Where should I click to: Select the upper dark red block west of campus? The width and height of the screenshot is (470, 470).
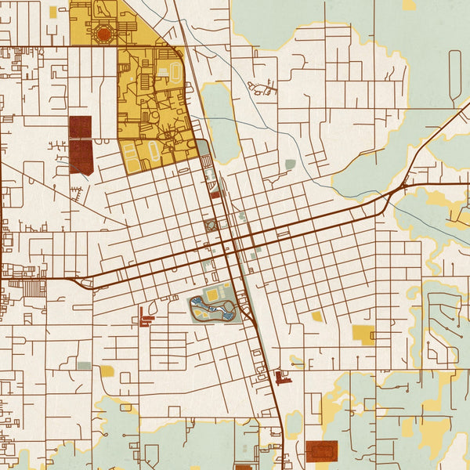(81, 127)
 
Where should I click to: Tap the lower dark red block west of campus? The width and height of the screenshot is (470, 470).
(81, 157)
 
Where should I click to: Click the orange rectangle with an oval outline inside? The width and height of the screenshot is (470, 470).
(322, 450)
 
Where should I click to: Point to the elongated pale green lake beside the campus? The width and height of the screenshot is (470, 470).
(220, 121)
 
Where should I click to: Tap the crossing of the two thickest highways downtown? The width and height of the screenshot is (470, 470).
(233, 244)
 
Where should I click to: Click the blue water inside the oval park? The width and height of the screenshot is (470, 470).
(225, 313)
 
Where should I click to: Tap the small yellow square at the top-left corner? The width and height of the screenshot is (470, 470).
(52, 13)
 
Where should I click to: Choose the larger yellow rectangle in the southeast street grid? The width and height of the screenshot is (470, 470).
(363, 334)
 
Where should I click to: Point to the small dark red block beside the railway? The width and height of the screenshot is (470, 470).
(215, 193)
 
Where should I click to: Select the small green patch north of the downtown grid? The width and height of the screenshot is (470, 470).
(291, 164)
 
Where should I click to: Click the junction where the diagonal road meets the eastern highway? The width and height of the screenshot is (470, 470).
(403, 186)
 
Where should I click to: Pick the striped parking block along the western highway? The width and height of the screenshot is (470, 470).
(33, 288)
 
